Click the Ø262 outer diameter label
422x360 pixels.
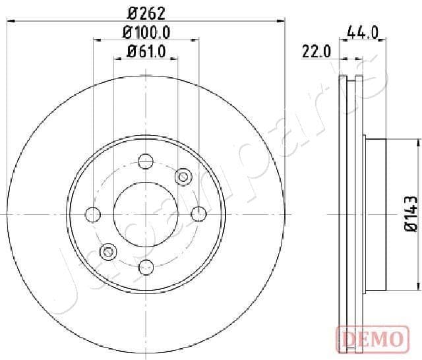pos(146,12)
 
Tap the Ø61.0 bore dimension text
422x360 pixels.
pos(146,49)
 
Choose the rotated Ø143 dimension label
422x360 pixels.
pos(410,214)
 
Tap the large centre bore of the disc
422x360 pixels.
pos(146,213)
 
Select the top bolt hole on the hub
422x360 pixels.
pos(146,161)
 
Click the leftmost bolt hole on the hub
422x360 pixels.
pos(94,214)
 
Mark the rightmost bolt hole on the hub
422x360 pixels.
pos(198,213)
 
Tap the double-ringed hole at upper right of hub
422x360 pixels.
pos(183,176)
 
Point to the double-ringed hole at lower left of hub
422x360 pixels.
pos(108,251)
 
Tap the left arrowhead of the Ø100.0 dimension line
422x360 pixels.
pos(96,40)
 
